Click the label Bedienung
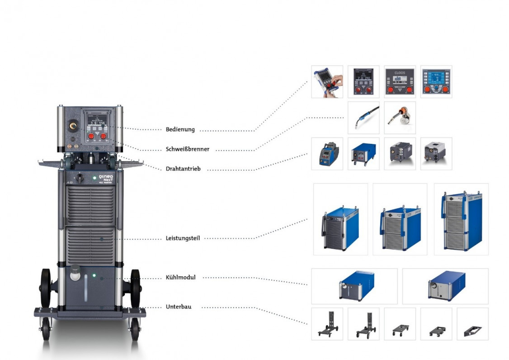(x=180, y=129)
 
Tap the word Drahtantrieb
(x=183, y=169)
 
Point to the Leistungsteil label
(x=183, y=238)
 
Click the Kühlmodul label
(x=180, y=277)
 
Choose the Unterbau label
(x=178, y=307)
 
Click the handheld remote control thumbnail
(x=327, y=82)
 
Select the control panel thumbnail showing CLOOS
(x=400, y=82)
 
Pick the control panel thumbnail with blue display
(x=436, y=82)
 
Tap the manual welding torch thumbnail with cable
(x=363, y=118)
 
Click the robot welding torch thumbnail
(x=400, y=118)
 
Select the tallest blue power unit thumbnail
(x=461, y=219)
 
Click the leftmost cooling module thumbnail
(x=354, y=286)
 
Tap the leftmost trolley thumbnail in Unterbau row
(x=327, y=324)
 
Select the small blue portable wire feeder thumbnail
(x=327, y=154)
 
